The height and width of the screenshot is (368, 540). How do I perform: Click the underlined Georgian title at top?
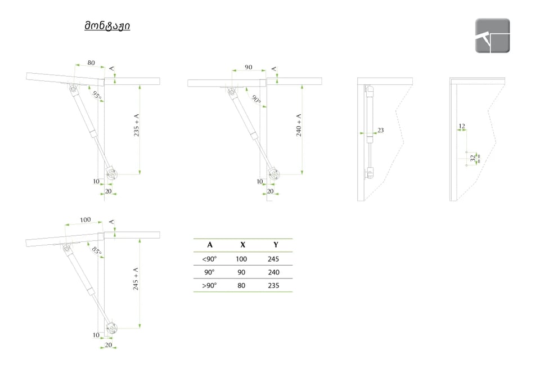(107, 26)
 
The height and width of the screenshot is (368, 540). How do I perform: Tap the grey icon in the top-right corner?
(493, 35)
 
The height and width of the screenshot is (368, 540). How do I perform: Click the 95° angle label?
(97, 96)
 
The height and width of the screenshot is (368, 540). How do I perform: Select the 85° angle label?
(97, 251)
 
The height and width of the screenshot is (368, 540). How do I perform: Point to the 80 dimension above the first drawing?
(91, 62)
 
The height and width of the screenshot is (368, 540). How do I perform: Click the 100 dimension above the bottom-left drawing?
(85, 220)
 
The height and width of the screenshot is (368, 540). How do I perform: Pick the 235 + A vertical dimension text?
(136, 125)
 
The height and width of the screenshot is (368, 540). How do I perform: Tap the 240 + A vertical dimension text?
(299, 125)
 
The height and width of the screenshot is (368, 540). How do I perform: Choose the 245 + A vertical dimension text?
(136, 279)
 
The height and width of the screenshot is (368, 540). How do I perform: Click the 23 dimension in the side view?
(381, 130)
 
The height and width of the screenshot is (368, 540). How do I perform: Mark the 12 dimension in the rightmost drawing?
(462, 126)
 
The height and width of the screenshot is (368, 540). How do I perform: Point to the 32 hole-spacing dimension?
(473, 158)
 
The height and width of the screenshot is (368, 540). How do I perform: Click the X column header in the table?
(243, 245)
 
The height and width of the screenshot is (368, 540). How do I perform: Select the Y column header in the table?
(276, 245)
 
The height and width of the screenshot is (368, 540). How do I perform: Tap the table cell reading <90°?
(209, 259)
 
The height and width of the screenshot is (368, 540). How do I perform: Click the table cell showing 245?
(273, 259)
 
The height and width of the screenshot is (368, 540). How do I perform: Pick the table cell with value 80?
(241, 285)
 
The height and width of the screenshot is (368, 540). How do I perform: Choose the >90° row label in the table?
(209, 285)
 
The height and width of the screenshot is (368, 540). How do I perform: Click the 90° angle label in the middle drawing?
(256, 99)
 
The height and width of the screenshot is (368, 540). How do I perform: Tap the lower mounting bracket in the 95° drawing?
(111, 173)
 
